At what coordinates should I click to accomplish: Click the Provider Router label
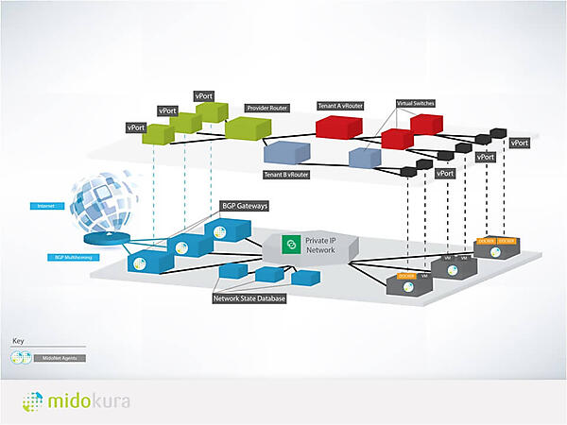point(266,109)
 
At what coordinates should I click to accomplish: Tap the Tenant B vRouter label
point(287,174)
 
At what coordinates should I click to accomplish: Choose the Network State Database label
point(249,297)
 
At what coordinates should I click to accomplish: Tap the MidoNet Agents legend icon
point(22,358)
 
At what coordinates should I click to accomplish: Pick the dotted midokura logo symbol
point(32,401)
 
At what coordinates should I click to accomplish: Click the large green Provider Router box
point(248,128)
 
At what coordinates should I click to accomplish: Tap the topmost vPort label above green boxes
point(204,96)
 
